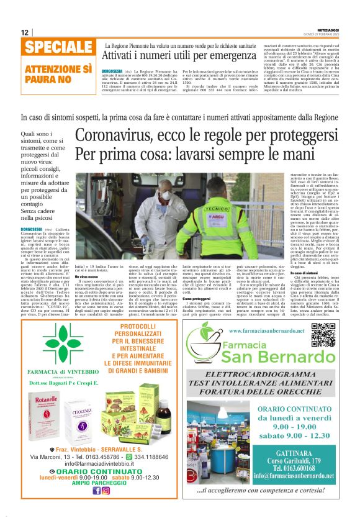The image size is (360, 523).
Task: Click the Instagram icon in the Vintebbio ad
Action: coord(106,490)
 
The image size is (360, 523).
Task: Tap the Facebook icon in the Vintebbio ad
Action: coord(97,490)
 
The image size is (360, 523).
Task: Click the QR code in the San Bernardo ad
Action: coord(323,337)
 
